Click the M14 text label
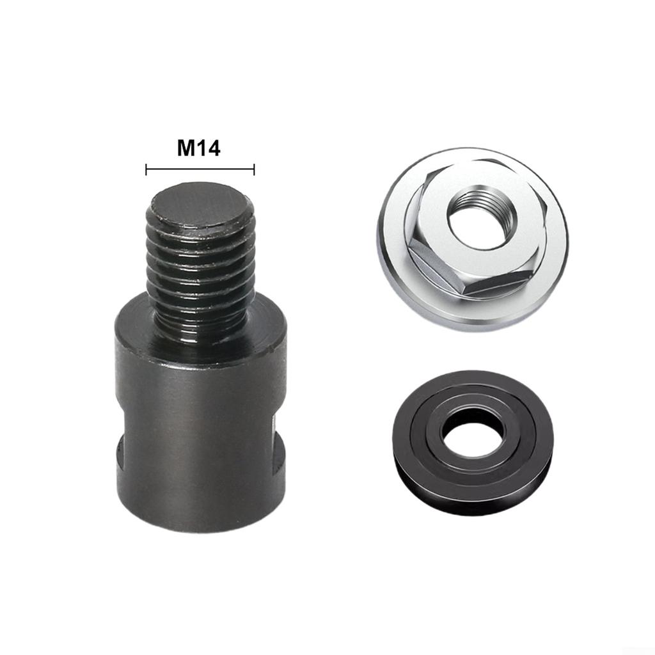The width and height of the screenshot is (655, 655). pyautogui.click(x=198, y=148)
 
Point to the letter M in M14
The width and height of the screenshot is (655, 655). pyautogui.click(x=185, y=148)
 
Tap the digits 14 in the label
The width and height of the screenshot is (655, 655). pyautogui.click(x=209, y=148)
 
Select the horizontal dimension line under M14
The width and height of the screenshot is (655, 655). pyautogui.click(x=200, y=170)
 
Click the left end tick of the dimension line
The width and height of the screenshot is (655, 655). pyautogui.click(x=146, y=170)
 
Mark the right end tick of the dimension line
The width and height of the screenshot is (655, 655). pyautogui.click(x=255, y=170)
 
